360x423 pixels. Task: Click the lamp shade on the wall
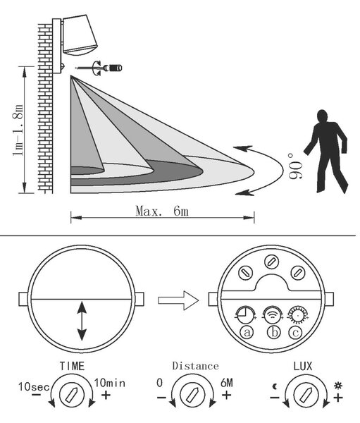point(80,35)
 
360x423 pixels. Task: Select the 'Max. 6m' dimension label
point(162,211)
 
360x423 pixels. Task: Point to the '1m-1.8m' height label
point(18,130)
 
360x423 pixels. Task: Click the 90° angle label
point(295,166)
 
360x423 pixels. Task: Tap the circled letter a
point(247,332)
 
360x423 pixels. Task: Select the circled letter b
point(274,332)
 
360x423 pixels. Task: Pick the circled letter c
point(295,332)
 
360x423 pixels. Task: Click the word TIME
point(72,366)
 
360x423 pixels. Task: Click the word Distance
point(196,366)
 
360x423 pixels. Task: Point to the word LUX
point(302,366)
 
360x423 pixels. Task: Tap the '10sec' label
point(34,387)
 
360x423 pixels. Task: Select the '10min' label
point(109,383)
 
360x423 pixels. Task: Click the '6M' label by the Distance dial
point(227,383)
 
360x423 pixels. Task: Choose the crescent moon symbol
point(275,386)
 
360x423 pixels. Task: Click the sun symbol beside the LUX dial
point(338,386)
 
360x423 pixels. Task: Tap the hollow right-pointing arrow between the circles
point(178,300)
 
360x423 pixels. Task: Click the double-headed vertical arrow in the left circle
point(82,321)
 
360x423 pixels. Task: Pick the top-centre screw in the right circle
point(271,262)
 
